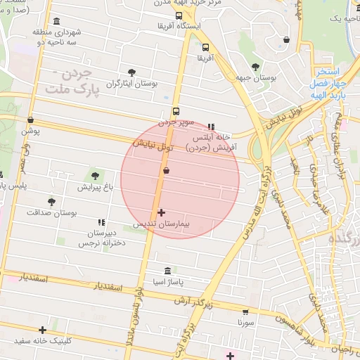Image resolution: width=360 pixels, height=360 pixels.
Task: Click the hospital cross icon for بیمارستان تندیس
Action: pyautogui.click(x=161, y=212)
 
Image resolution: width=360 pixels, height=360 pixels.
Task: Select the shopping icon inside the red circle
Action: pyautogui.click(x=166, y=170)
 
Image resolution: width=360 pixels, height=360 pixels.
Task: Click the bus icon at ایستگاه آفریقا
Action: pyautogui.click(x=179, y=15)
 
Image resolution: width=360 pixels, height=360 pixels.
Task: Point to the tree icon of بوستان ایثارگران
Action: pyautogui.click(x=132, y=72)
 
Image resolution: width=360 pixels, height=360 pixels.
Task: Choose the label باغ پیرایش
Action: pyautogui.click(x=95, y=188)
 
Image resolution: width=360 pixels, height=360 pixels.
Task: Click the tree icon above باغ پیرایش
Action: pyautogui.click(x=95, y=176)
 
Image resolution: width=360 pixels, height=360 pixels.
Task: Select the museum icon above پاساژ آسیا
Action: pyautogui.click(x=167, y=271)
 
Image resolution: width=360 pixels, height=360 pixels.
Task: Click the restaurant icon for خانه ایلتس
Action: pyautogui.click(x=211, y=127)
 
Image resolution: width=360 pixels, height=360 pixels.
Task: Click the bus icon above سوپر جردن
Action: pyautogui.click(x=176, y=110)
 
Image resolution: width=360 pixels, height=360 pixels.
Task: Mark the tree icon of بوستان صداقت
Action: pyautogui.click(x=51, y=201)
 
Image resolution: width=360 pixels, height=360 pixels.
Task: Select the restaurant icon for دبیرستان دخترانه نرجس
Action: pyautogui.click(x=102, y=222)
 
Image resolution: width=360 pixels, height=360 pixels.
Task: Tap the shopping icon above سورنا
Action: pyautogui.click(x=245, y=311)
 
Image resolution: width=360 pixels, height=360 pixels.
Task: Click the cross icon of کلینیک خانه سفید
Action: pyautogui.click(x=43, y=329)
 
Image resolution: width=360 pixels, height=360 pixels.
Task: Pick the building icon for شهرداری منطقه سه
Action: pyautogui.click(x=56, y=21)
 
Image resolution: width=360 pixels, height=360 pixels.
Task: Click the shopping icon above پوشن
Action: pyautogui.click(x=30, y=120)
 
